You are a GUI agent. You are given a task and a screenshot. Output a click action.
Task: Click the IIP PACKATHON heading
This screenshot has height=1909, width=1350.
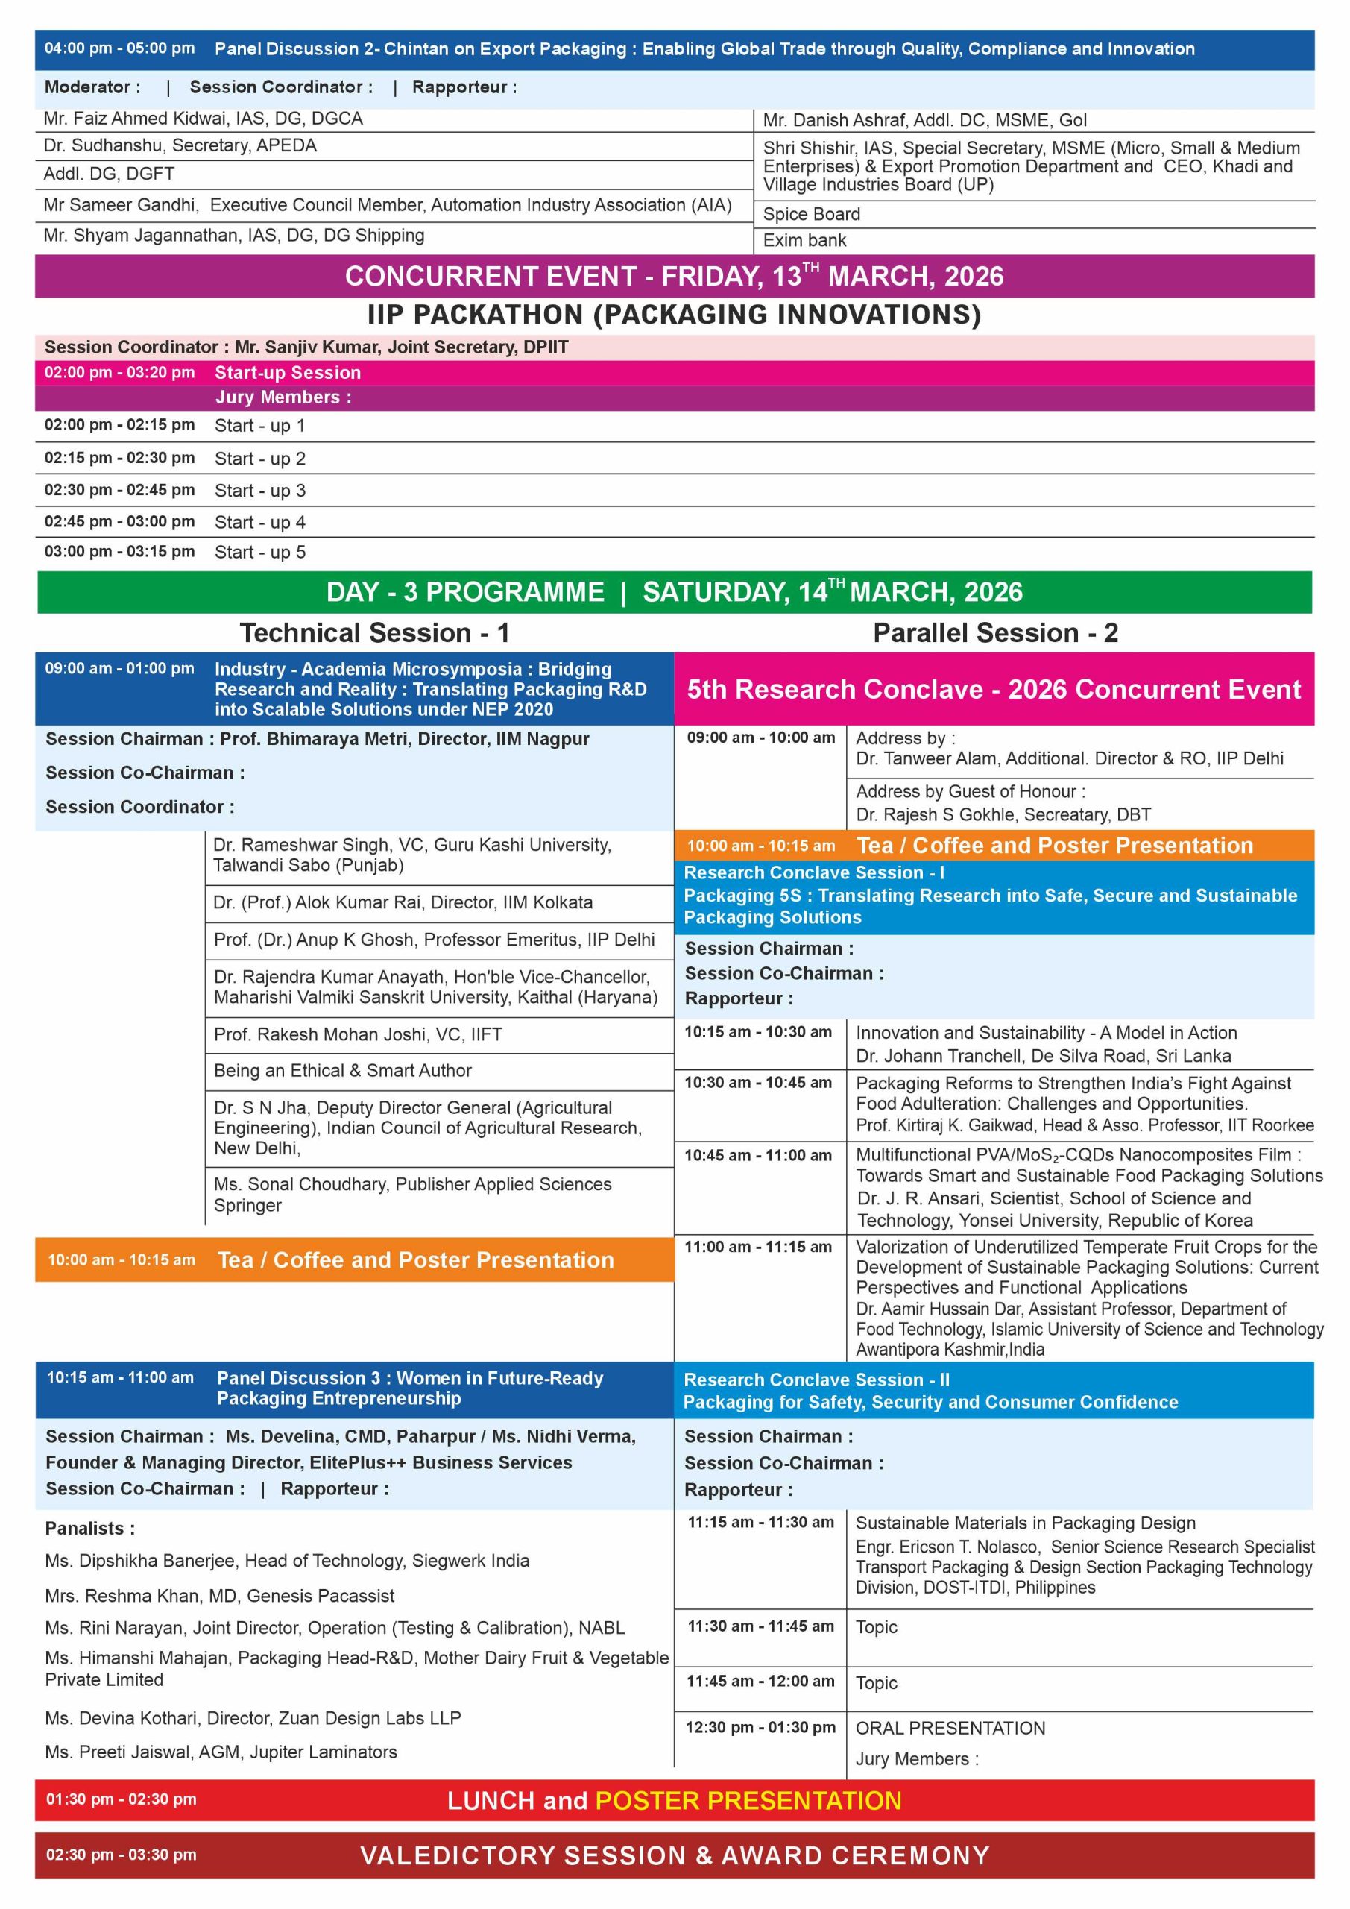tap(674, 315)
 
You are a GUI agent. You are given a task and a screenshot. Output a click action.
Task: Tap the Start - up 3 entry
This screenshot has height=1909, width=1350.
tap(260, 491)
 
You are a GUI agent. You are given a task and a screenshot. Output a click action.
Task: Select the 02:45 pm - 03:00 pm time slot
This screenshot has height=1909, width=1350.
tap(120, 521)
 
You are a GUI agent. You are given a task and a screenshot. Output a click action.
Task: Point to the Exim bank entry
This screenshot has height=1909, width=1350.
tap(804, 240)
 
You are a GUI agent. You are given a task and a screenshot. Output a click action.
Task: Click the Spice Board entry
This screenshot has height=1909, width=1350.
tap(811, 214)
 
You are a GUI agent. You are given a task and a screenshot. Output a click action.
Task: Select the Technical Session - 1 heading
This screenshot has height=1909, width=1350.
tap(374, 633)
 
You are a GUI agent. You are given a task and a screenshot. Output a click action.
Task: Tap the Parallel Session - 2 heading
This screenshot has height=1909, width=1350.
tap(995, 633)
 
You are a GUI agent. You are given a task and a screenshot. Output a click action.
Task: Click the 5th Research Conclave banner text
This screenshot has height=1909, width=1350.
tap(994, 689)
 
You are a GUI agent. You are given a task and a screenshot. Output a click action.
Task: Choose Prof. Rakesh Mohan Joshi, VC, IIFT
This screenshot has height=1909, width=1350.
tap(359, 1034)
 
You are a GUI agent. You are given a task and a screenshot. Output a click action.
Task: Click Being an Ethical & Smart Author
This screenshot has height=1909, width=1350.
tap(342, 1071)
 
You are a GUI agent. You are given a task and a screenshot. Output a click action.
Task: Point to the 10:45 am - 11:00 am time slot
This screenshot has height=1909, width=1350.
tap(757, 1155)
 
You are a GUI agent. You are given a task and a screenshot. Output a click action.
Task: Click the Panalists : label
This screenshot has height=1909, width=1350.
tap(89, 1528)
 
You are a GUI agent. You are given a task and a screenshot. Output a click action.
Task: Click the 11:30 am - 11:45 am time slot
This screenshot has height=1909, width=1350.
tap(760, 1626)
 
